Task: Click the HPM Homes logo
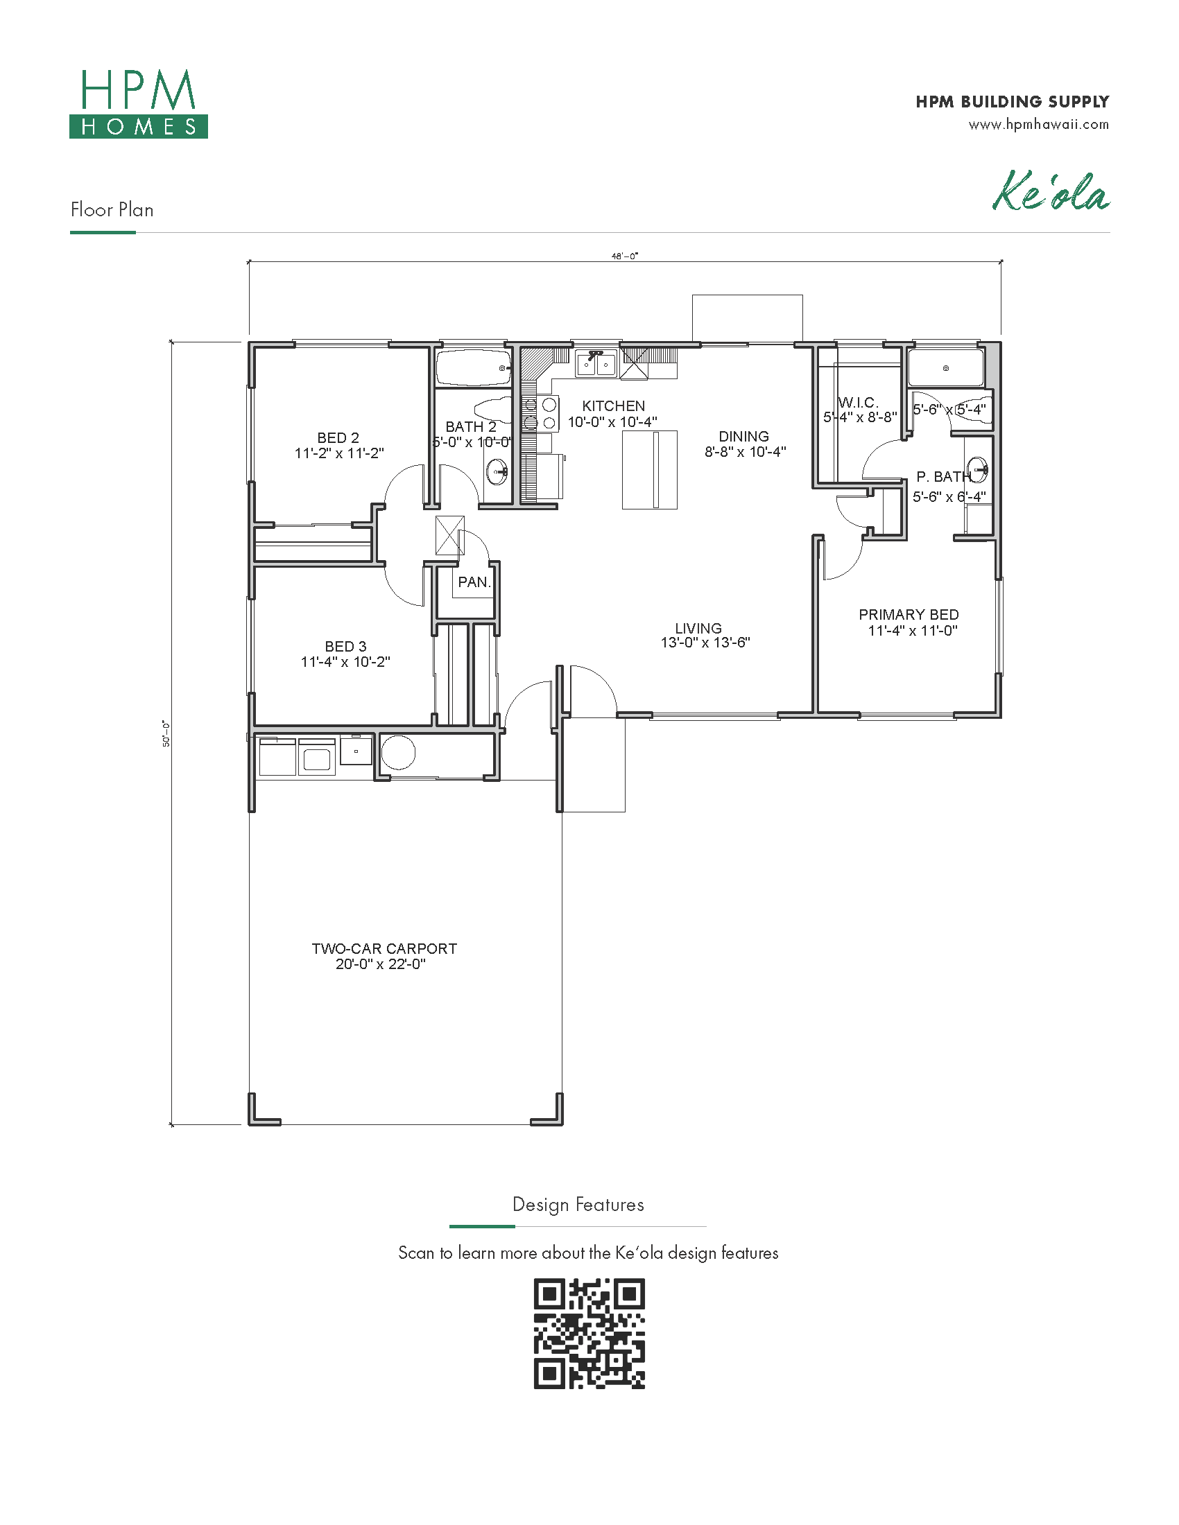pos(138,103)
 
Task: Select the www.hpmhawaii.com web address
pos(1039,124)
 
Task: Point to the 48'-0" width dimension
pos(625,256)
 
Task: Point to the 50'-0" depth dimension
pos(166,734)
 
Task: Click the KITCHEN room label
pos(613,406)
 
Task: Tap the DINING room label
pos(744,437)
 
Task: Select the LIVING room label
pos(698,628)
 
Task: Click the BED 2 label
pos(338,438)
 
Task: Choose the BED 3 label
pos(345,647)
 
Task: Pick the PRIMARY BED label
pos(909,614)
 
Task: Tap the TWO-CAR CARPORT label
pos(384,948)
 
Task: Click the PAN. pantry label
pos(474,582)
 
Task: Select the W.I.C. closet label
pos(859,402)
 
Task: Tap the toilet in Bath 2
pos(493,408)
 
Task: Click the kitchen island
pos(650,470)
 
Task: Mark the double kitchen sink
pos(596,364)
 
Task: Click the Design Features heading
pos(578,1205)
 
